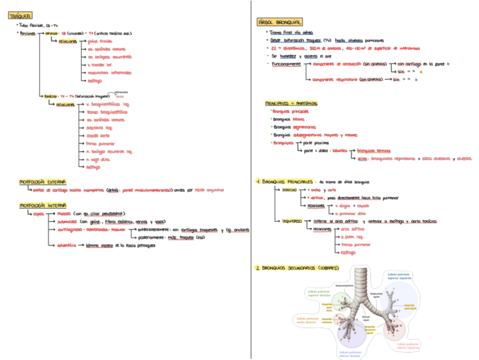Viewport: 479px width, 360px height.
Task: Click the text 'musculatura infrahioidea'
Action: (106, 73)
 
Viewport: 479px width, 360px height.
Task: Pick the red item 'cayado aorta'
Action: (98, 136)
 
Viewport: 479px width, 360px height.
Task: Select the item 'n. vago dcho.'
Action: (99, 159)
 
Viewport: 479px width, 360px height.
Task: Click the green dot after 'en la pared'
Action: (447, 64)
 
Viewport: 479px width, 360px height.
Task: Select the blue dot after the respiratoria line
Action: (416, 80)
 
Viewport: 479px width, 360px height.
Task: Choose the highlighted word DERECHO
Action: (294, 190)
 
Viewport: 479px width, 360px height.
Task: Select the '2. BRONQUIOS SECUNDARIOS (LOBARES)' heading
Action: (299, 267)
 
